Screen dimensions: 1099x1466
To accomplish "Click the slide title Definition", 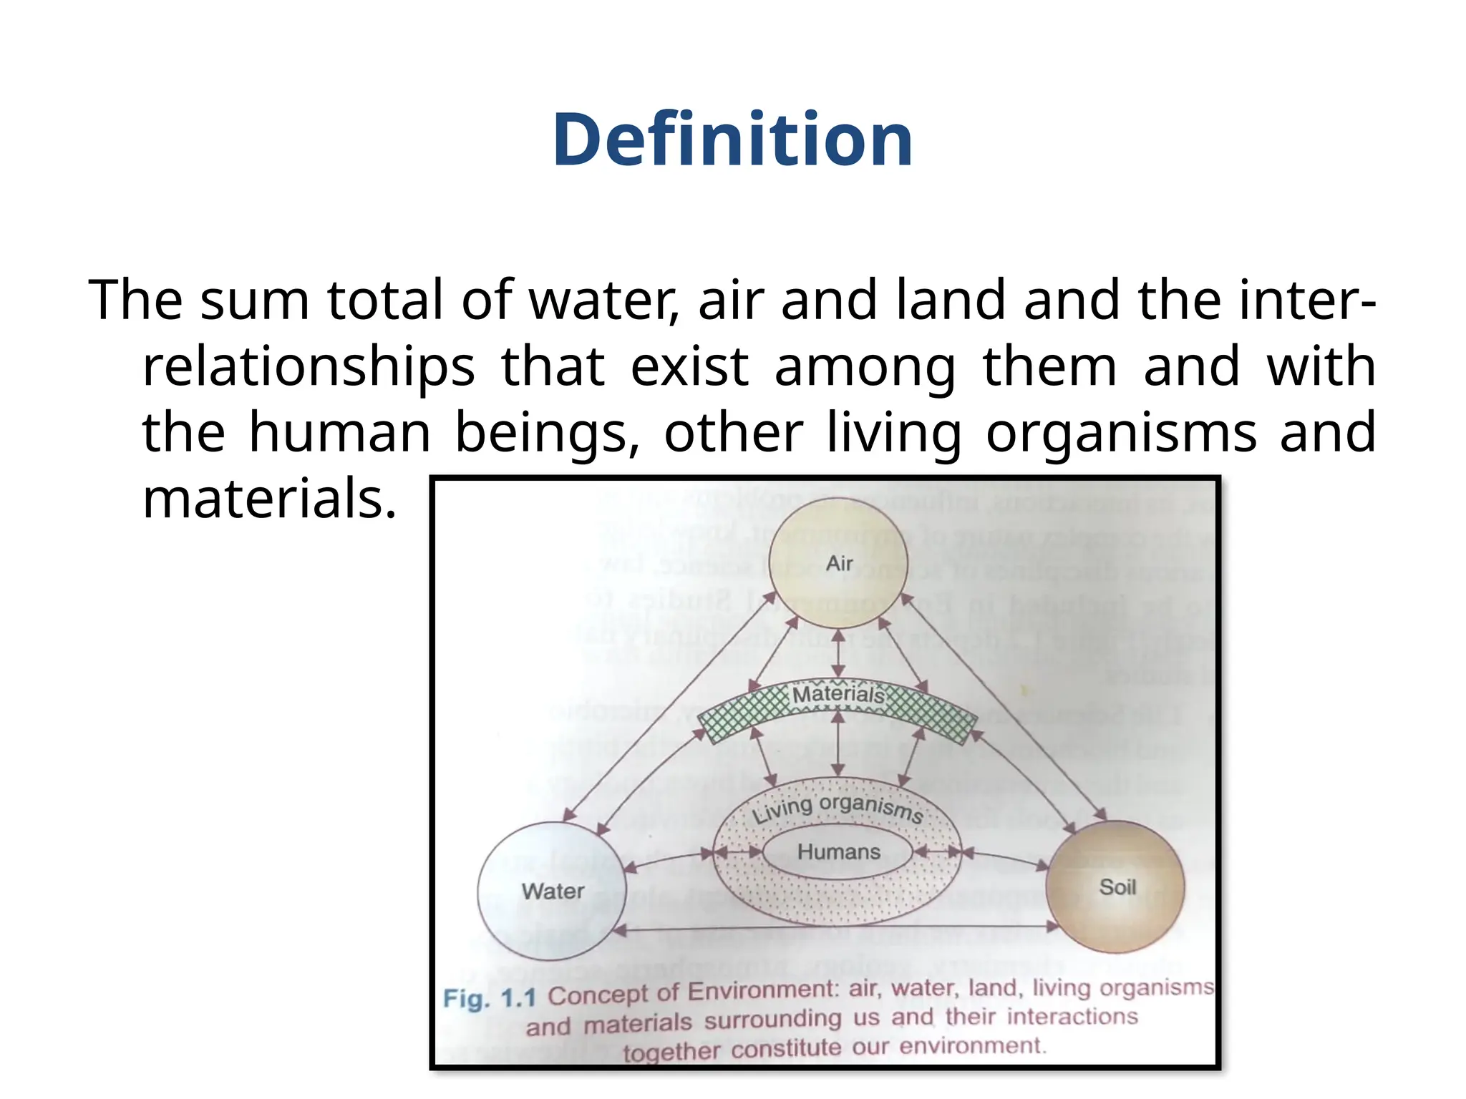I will pyautogui.click(x=732, y=140).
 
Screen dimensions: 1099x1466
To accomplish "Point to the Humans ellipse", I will pyautogui.click(x=838, y=851).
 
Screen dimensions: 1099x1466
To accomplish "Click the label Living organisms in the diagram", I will pyautogui.click(x=837, y=809).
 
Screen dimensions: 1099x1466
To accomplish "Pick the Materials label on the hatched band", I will pyautogui.click(x=838, y=694).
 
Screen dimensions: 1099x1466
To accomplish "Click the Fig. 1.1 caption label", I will pyautogui.click(x=490, y=997).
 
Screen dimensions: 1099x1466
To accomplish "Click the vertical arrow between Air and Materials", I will pyautogui.click(x=838, y=653).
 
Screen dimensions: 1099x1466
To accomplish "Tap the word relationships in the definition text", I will pyautogui.click(x=309, y=366).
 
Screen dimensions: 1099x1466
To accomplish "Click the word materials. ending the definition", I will pyautogui.click(x=269, y=499).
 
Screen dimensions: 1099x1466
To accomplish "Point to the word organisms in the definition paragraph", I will pyautogui.click(x=1121, y=432).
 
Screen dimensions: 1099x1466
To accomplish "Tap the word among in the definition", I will pyautogui.click(x=865, y=366).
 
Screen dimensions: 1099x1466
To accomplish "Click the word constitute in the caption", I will pyautogui.click(x=787, y=1049).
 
